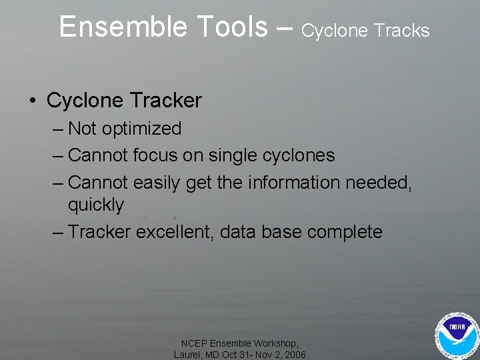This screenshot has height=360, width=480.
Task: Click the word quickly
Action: click(95, 205)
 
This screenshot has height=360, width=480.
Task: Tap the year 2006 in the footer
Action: click(293, 355)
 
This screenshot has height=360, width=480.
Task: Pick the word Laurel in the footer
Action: click(188, 355)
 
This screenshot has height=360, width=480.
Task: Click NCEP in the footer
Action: click(194, 343)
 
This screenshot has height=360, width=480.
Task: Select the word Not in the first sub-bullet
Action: click(82, 129)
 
